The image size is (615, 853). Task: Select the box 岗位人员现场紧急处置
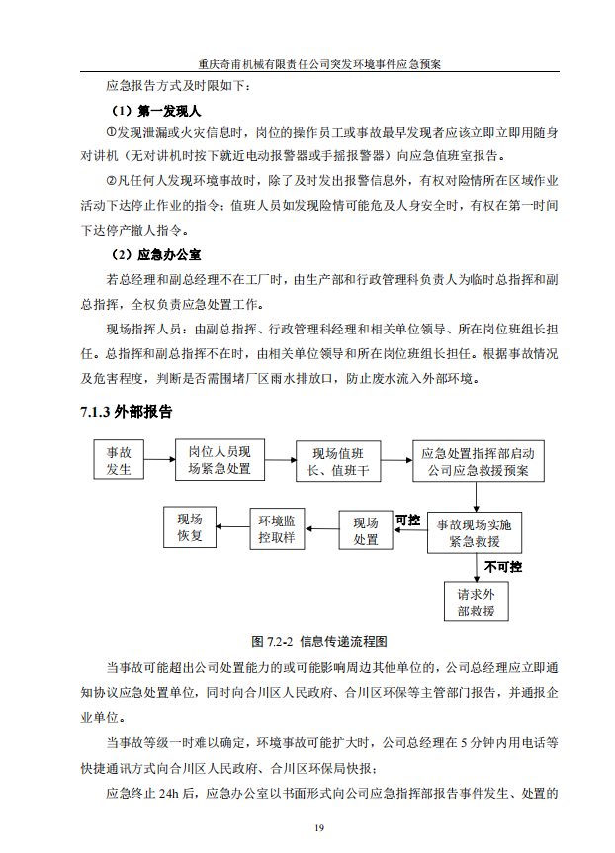pyautogui.click(x=220, y=460)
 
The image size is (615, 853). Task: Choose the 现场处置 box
pyautogui.click(x=366, y=531)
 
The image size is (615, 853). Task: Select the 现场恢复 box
pyautogui.click(x=190, y=527)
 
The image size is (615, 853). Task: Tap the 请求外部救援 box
pyautogui.click(x=476, y=603)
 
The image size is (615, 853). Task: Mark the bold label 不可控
pyautogui.click(x=501, y=567)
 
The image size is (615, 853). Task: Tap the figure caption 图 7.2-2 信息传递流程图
pyautogui.click(x=307, y=640)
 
